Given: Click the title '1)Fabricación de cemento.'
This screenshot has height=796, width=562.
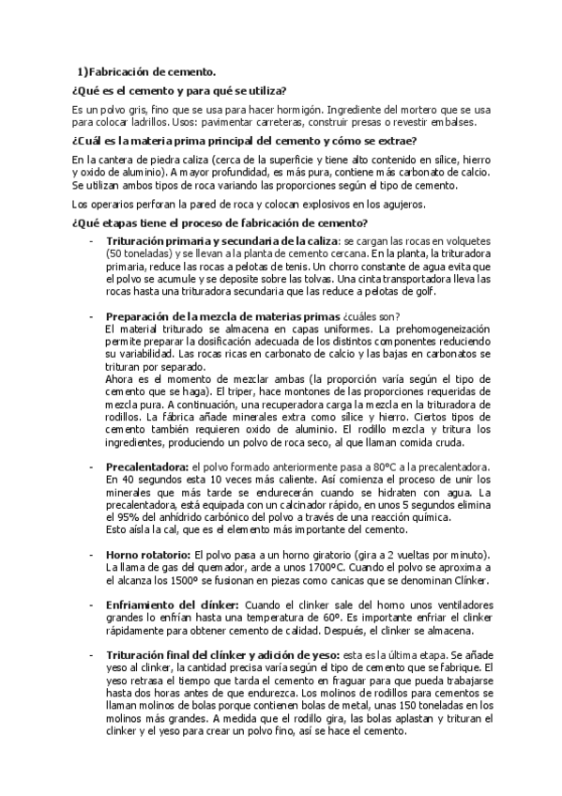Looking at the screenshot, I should click(x=146, y=71).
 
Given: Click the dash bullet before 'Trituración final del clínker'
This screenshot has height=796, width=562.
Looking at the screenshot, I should click(x=91, y=655).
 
